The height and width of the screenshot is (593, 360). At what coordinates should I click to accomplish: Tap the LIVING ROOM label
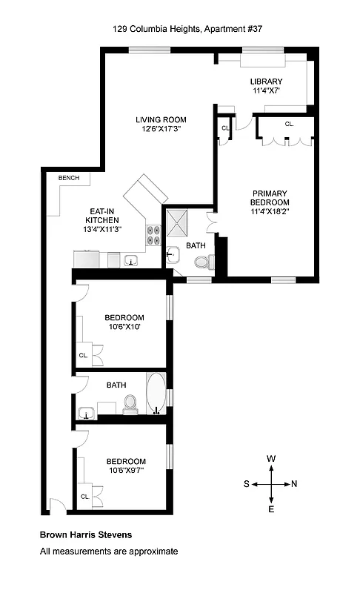tap(160, 119)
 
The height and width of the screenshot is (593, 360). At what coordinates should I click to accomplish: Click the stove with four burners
tap(154, 234)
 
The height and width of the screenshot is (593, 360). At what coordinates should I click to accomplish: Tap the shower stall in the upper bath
tap(178, 219)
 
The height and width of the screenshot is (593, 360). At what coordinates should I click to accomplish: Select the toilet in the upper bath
tap(204, 262)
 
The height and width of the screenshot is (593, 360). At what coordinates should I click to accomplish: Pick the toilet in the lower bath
tap(130, 403)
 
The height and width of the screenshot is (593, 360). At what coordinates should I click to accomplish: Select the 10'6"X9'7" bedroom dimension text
tap(125, 470)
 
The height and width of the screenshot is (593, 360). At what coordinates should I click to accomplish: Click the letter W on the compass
tap(271, 460)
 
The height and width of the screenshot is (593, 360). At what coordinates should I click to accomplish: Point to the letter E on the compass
tap(271, 509)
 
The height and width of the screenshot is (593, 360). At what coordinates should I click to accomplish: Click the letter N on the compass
tap(294, 484)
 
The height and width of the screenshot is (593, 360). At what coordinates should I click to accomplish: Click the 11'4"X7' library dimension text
tap(266, 91)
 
